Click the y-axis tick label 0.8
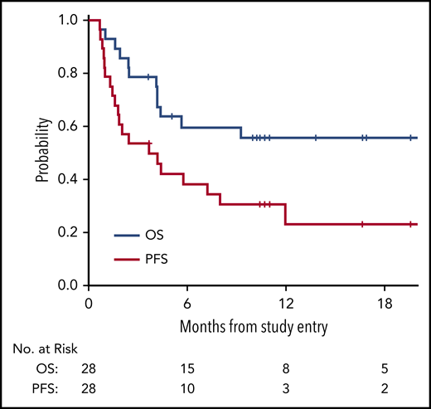[x=68, y=73]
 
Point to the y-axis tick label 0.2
[x=68, y=232]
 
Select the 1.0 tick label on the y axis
[x=68, y=20]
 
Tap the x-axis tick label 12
[x=286, y=304]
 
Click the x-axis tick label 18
[x=385, y=304]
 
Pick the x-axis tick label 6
[x=187, y=304]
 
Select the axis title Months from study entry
[x=254, y=325]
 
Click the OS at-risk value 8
[x=286, y=368]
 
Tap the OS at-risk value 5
[x=385, y=368]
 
